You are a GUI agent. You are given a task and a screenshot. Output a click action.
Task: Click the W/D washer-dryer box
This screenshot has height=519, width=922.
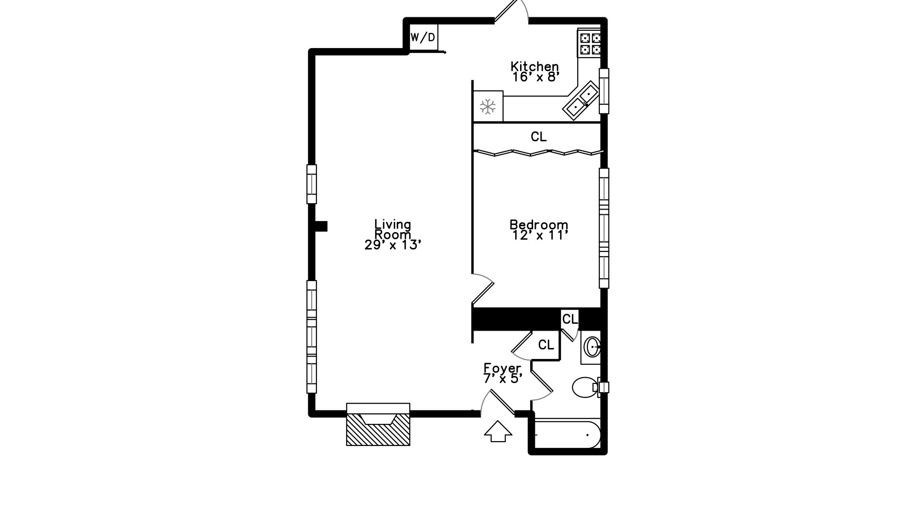coord(423,37)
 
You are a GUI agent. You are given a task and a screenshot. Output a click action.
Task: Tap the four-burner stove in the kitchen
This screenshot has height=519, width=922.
coord(589,43)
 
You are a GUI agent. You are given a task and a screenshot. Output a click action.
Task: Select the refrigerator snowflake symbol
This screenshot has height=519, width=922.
coord(488,106)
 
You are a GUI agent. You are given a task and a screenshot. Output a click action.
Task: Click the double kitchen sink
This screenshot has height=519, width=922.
coord(581,100)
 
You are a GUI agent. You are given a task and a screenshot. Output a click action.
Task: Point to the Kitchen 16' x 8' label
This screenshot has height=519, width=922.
coord(535,72)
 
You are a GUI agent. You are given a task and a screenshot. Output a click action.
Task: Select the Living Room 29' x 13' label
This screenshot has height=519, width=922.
coord(393,235)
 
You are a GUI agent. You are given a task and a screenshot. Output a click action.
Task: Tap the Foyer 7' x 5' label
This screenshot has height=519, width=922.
coord(502,373)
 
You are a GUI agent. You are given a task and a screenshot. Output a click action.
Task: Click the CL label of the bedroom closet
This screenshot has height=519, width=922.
coord(538,137)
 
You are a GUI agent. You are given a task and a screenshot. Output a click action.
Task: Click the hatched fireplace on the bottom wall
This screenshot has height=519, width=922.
coord(378,428)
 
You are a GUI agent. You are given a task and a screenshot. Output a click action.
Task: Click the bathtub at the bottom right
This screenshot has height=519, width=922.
coord(567,435)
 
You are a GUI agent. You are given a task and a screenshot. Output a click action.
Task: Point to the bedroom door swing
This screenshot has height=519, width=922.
coord(483,289)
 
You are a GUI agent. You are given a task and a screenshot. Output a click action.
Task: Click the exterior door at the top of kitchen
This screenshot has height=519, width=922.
coord(511,12)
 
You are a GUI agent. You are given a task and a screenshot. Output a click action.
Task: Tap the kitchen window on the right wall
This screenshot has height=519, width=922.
coord(604,91)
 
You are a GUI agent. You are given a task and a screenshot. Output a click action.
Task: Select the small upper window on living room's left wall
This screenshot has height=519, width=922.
coord(312,184)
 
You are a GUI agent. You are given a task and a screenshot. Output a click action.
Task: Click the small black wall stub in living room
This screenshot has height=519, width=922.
coord(320,226)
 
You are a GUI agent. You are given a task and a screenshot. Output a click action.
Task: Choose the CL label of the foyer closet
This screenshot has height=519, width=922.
coord(546,345)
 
